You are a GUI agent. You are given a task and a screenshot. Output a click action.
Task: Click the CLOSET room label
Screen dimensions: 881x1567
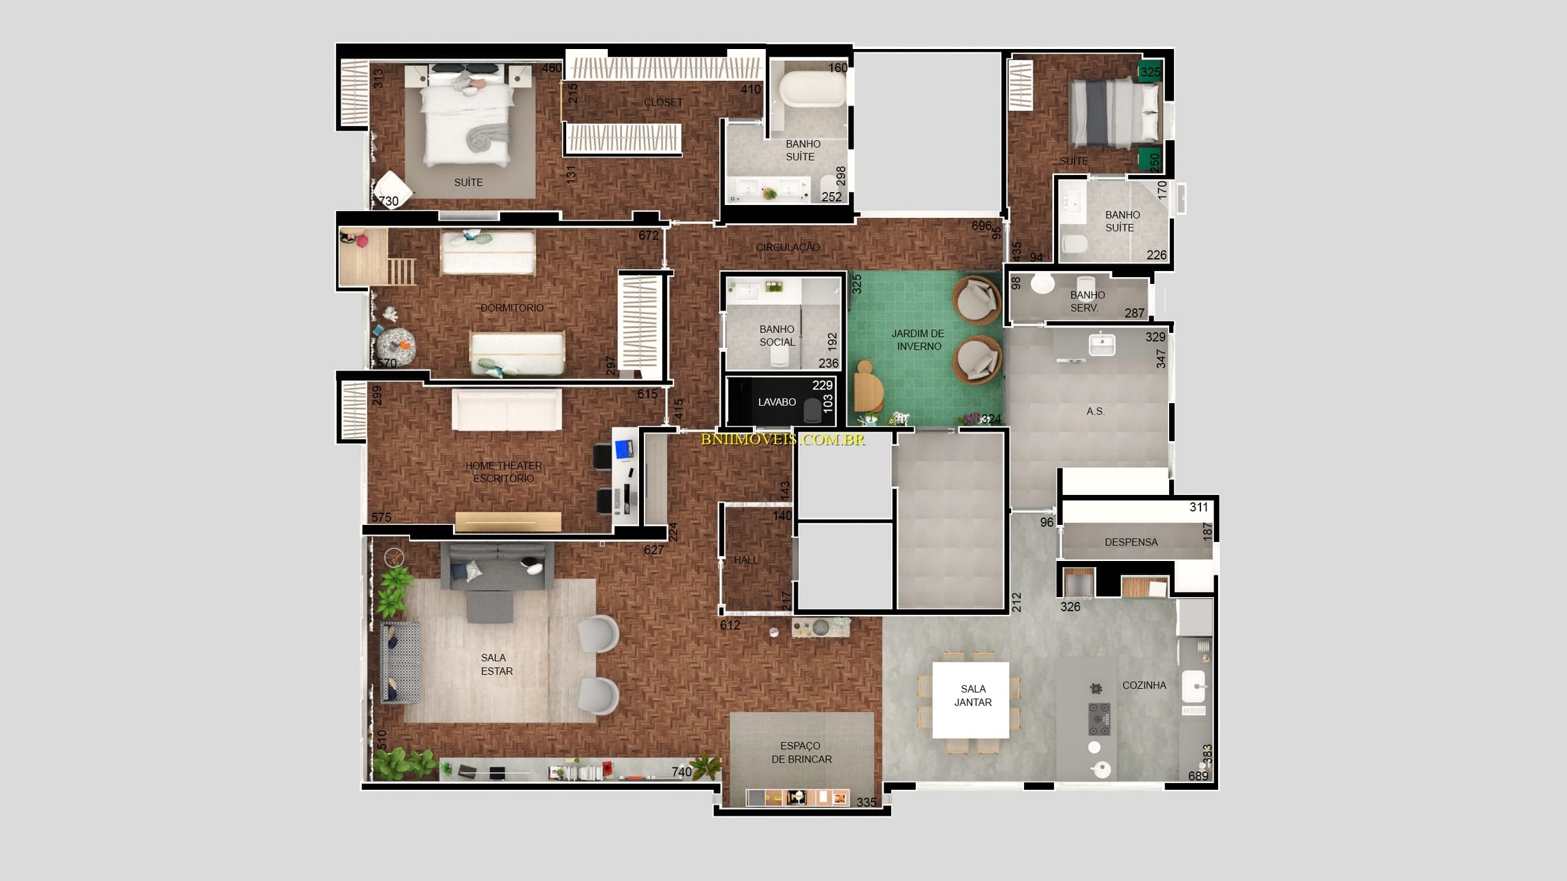(x=663, y=102)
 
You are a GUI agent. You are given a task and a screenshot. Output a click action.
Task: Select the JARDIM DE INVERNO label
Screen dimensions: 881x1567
(x=918, y=340)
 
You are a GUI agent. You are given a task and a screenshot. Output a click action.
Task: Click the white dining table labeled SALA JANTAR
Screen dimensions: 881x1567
(x=970, y=699)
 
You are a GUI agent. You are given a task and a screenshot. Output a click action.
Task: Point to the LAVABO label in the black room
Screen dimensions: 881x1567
(x=777, y=402)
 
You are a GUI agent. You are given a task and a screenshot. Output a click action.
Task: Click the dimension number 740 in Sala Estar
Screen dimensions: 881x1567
(x=681, y=771)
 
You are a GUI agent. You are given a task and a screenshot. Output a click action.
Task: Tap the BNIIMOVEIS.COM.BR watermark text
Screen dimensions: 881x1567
(x=783, y=440)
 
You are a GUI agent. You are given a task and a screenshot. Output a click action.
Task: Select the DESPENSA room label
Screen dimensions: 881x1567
(x=1131, y=543)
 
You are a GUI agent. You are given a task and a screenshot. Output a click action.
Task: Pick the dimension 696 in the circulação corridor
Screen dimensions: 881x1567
(x=981, y=225)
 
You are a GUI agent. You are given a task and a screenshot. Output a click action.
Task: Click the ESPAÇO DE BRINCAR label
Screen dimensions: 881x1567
(x=801, y=752)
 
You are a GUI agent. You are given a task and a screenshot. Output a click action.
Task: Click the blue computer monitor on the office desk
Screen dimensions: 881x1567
(x=623, y=449)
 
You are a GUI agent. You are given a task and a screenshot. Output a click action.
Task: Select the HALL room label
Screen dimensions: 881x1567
(x=746, y=560)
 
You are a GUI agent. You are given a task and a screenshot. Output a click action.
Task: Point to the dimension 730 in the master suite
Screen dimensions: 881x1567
(x=388, y=201)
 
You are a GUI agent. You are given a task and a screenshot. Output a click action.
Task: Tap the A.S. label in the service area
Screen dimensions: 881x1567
(x=1096, y=411)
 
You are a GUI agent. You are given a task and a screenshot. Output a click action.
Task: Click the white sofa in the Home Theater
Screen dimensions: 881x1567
(x=506, y=411)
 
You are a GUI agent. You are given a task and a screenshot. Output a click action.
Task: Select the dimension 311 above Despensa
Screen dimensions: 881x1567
(x=1198, y=507)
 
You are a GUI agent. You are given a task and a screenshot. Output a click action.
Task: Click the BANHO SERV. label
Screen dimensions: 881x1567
(x=1087, y=301)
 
